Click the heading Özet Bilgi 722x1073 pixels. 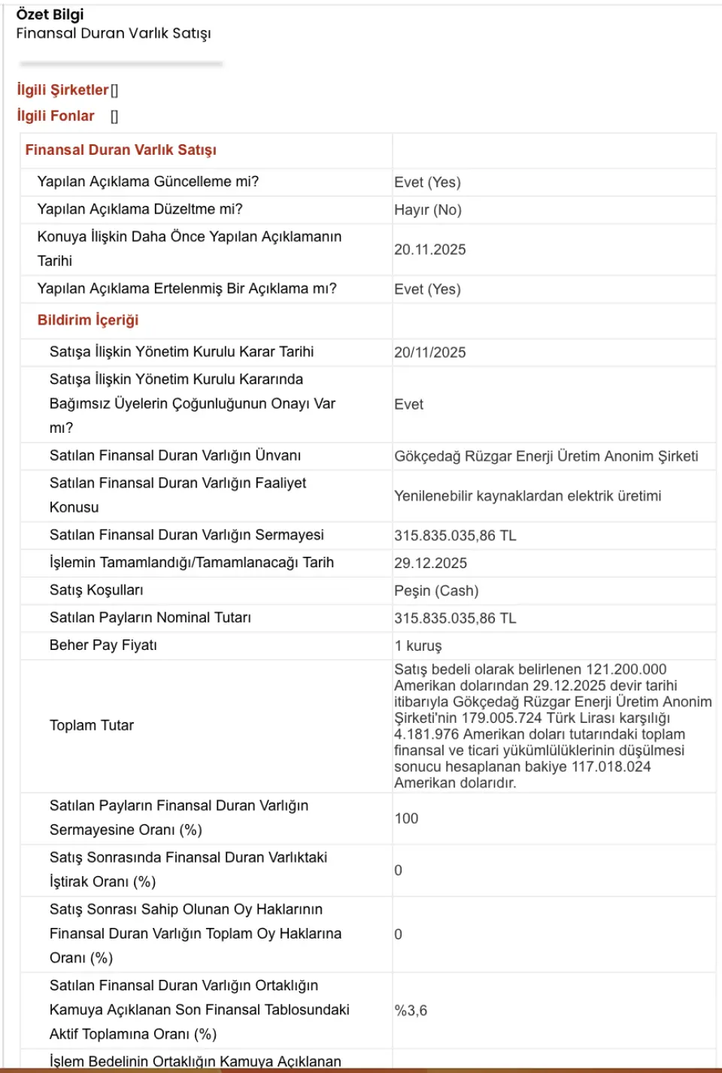(50, 14)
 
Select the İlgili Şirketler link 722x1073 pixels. (62, 90)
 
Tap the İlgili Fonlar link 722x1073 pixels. (56, 116)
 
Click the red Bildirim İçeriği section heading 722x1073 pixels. (88, 320)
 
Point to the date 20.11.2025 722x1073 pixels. (429, 249)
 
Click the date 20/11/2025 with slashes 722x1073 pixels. (429, 352)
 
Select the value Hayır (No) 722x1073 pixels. (427, 210)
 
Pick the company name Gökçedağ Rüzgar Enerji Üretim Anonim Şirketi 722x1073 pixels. (546, 456)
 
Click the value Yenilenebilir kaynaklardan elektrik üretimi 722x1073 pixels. (527, 496)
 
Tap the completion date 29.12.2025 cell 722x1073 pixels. (430, 563)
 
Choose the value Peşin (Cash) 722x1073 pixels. (436, 591)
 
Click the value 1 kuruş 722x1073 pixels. (417, 645)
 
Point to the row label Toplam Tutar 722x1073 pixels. (92, 725)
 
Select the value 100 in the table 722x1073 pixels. (406, 818)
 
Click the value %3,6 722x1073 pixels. (411, 1011)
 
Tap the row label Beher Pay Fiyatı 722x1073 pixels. (103, 645)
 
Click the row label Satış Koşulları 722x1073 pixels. (96, 590)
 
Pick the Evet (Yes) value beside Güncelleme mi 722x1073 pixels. (427, 182)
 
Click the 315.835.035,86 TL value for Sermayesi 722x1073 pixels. (455, 536)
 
